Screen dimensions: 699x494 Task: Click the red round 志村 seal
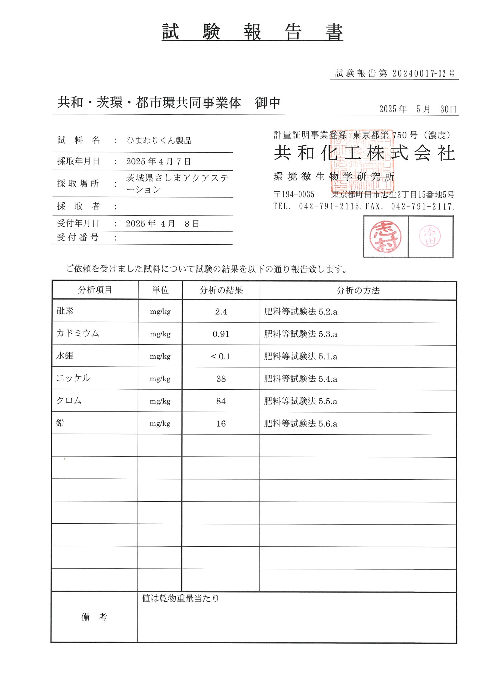point(385,236)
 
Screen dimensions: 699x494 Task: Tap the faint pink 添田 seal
point(430,236)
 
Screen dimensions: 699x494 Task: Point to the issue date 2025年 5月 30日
point(418,109)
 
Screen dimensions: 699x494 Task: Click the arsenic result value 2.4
point(221,312)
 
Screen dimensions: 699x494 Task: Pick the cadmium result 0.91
point(221,334)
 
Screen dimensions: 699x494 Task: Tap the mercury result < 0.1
point(221,356)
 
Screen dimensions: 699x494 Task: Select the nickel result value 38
point(221,379)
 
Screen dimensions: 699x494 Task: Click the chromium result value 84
point(221,401)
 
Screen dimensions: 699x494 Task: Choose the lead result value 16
point(221,423)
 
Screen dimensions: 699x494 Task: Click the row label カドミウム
point(78,333)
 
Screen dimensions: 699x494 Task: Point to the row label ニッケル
point(73,378)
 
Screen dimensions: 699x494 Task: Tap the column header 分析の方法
point(358,291)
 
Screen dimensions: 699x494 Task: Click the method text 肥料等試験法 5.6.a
point(300,423)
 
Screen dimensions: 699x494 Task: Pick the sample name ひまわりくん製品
point(159,140)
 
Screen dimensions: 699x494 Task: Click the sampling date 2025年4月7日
point(159,161)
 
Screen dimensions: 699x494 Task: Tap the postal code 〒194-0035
point(294,194)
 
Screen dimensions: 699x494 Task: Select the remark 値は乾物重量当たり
point(180,598)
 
